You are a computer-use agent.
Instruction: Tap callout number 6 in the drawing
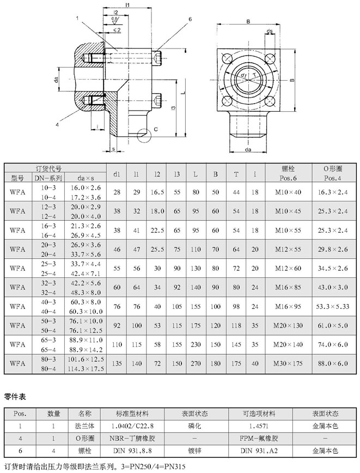(190, 19)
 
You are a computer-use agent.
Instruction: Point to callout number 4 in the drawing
(57, 125)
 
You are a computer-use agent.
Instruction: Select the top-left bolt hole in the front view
(226, 58)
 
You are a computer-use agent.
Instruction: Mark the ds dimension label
(270, 31)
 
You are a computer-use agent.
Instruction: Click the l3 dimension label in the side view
(172, 107)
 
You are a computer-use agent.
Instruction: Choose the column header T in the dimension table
(236, 174)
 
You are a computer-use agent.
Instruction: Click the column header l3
(176, 174)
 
